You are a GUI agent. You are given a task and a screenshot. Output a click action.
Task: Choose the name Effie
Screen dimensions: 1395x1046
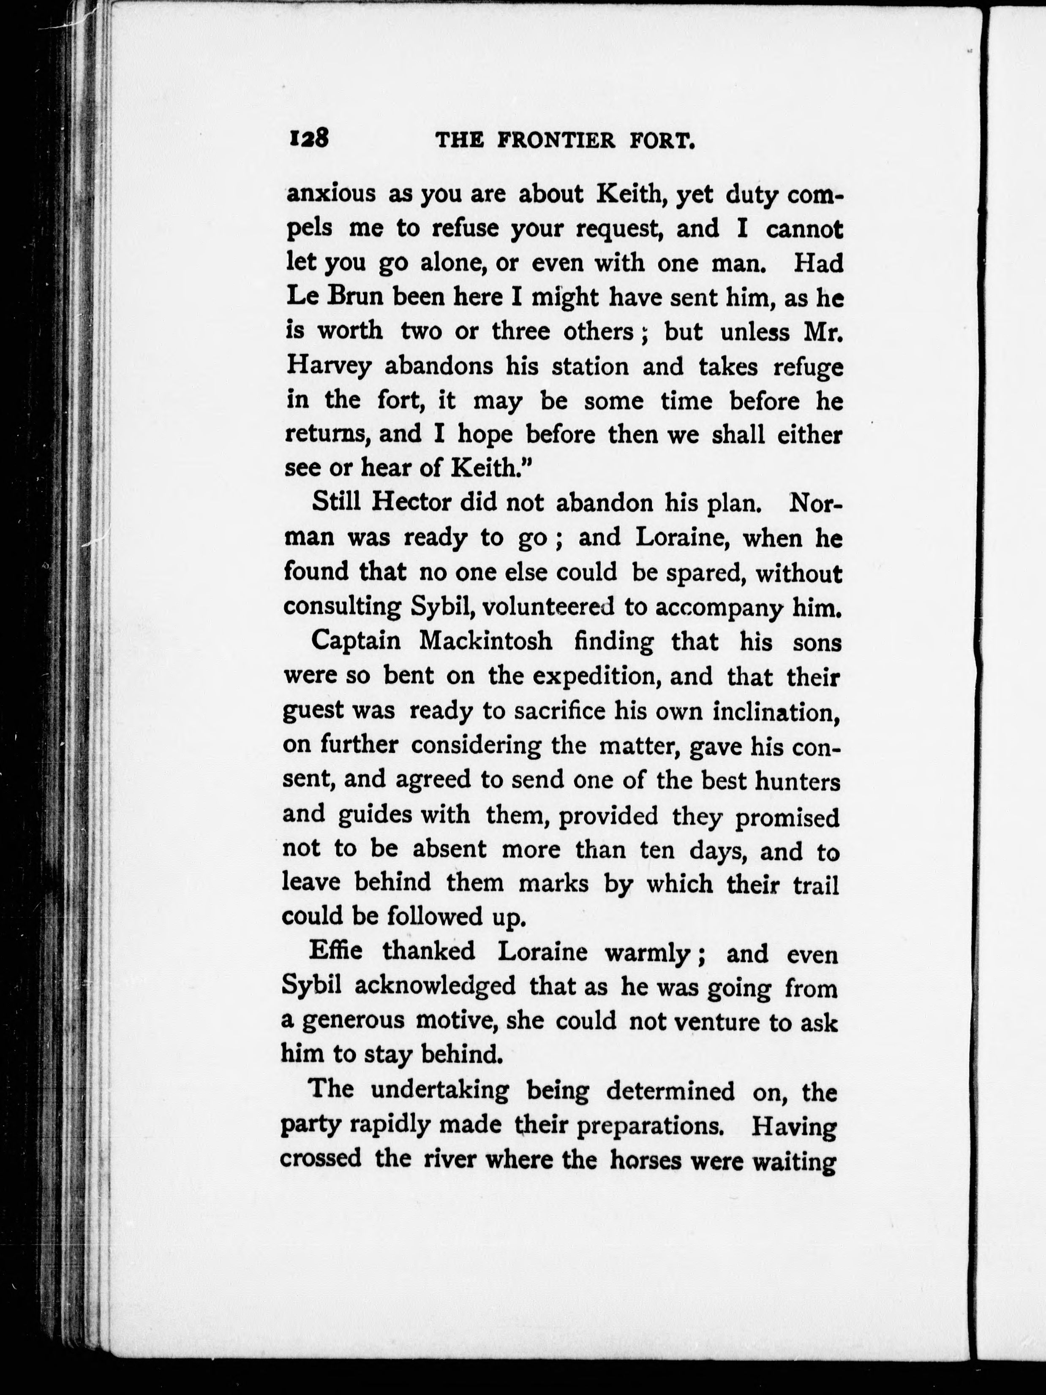pyautogui.click(x=336, y=950)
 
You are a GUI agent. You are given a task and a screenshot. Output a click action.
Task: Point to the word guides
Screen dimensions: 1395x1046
pyautogui.click(x=374, y=815)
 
